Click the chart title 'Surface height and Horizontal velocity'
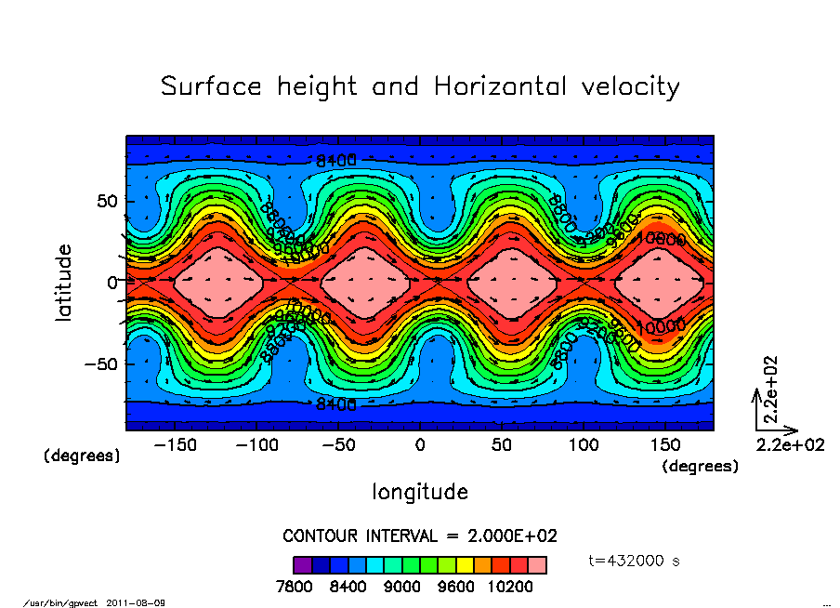click(x=420, y=86)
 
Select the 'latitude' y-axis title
click(x=64, y=283)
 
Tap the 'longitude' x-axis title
click(x=420, y=491)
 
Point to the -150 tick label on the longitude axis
click(x=176, y=445)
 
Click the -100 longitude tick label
click(x=257, y=445)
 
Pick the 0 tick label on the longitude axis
click(x=420, y=445)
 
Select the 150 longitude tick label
click(x=665, y=445)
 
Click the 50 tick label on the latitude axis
click(x=108, y=201)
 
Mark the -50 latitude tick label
click(x=102, y=363)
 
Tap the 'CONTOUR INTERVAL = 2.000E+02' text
click(x=420, y=536)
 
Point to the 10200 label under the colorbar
click(x=510, y=587)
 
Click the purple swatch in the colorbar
click(x=302, y=564)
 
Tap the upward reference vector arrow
click(x=756, y=408)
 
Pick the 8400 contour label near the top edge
click(x=336, y=161)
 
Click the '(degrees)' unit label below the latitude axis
click(x=83, y=456)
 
